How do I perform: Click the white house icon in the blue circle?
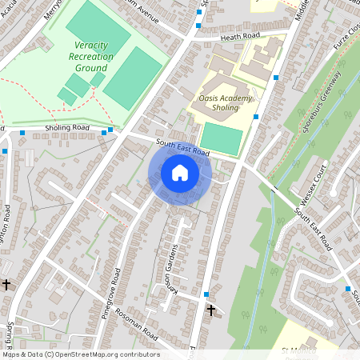pyautogui.click(x=180, y=173)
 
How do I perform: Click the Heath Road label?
pyautogui.click(x=240, y=36)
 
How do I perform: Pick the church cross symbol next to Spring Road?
pyautogui.click(x=6, y=284)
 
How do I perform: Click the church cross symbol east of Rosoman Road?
pyautogui.click(x=211, y=309)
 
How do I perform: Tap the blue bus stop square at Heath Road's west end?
pyautogui.click(x=198, y=26)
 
